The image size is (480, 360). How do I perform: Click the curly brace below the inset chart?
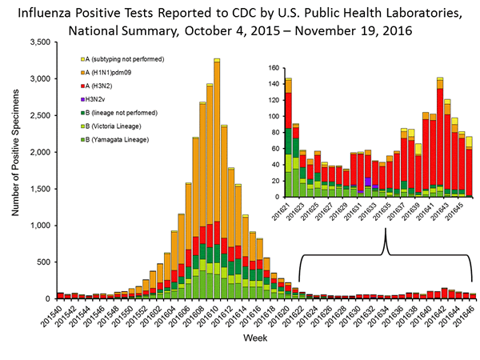pyautogui.click(x=386, y=255)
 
